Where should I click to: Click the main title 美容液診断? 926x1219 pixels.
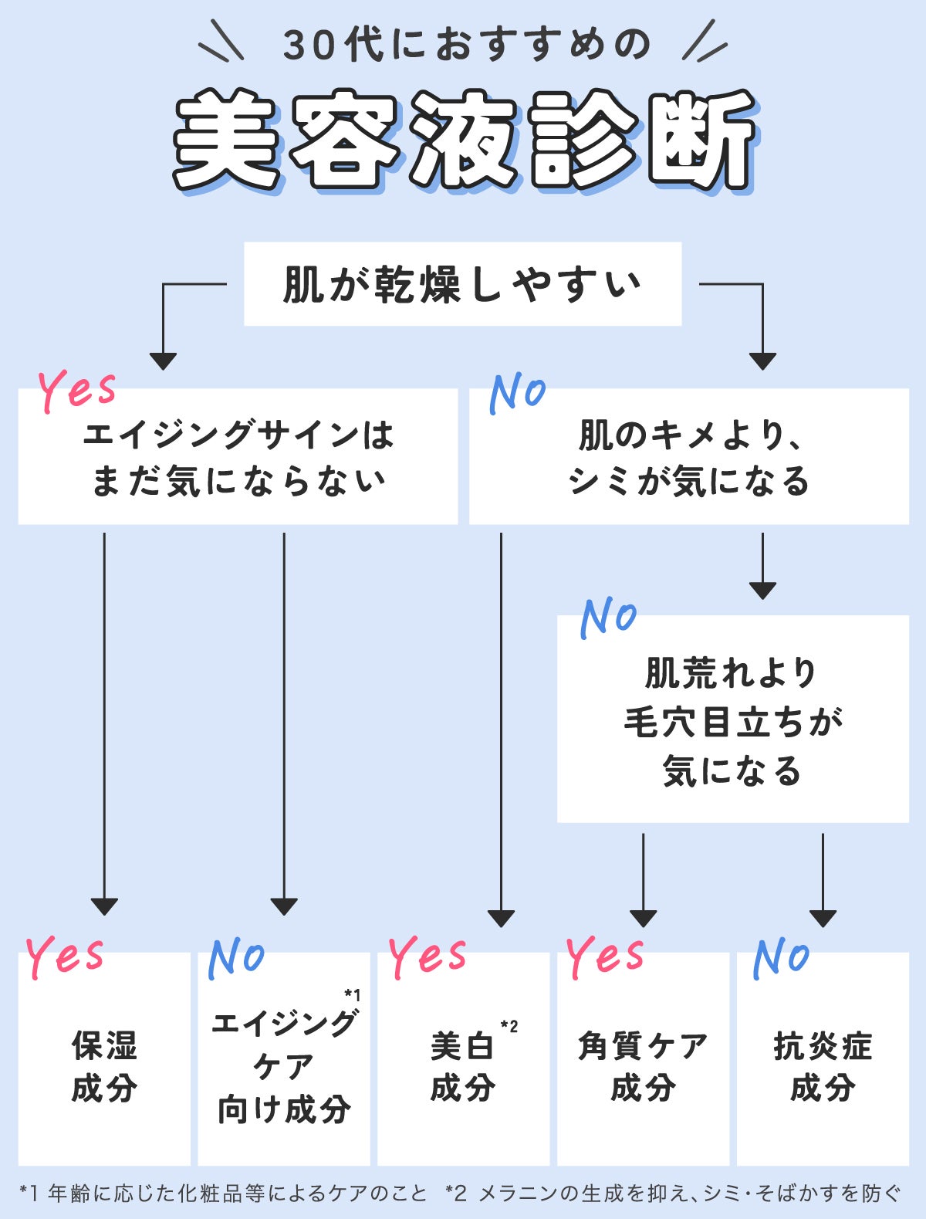point(463,141)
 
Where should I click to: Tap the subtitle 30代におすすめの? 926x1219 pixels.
point(466,45)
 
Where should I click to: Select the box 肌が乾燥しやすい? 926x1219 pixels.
point(462,284)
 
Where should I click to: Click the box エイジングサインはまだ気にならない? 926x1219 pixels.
point(238,457)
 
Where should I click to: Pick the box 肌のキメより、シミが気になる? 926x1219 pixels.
point(688,457)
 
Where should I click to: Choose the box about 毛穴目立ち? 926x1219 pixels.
point(732,720)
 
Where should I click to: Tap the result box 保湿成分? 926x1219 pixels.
point(104,1066)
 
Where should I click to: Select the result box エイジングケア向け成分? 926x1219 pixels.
point(283,1066)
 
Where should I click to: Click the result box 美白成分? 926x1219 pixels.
point(462,1066)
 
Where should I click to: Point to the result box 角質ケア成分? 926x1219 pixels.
point(642,1066)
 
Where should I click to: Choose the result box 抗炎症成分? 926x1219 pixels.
point(823,1066)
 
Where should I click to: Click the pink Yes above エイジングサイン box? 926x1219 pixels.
point(77,389)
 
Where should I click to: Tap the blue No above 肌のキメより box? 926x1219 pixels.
point(517,392)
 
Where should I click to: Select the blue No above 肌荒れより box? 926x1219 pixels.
point(608,617)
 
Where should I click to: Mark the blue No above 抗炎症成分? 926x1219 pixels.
point(781,957)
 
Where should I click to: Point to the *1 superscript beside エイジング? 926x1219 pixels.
point(352,995)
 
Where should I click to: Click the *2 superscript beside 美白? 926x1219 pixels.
point(509,1026)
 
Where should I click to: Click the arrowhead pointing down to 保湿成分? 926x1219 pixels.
point(104,906)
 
